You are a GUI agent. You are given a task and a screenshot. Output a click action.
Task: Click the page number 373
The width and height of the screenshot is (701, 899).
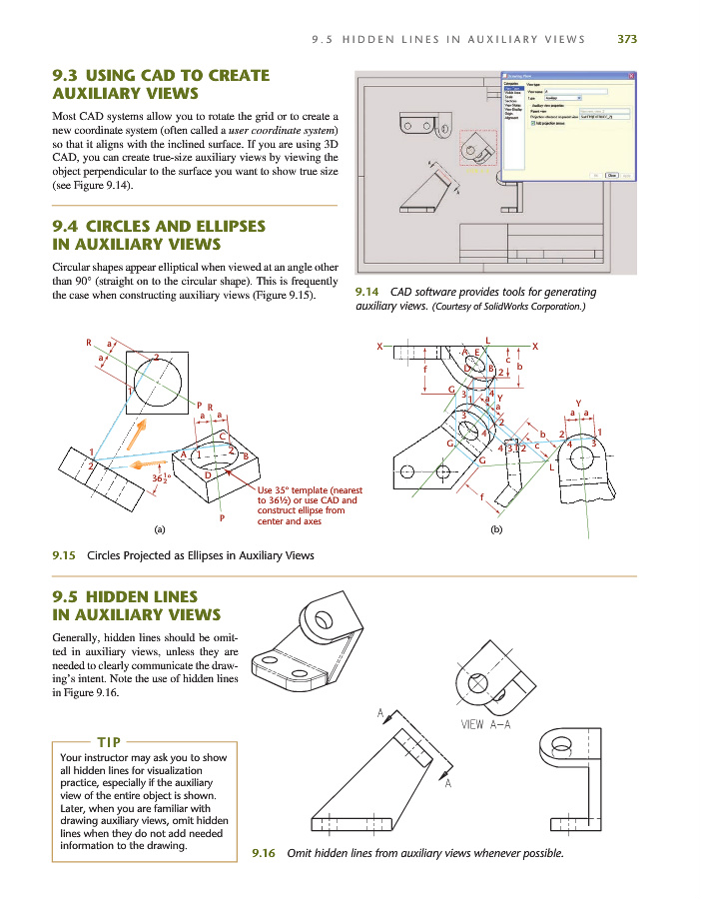pyautogui.click(x=626, y=40)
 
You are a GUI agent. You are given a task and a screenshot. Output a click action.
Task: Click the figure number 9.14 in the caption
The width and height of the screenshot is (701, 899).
pyautogui.click(x=365, y=292)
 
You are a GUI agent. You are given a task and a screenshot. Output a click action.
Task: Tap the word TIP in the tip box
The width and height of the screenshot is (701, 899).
pyautogui.click(x=110, y=742)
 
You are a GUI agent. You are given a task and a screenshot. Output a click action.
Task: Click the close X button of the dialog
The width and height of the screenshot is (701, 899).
pyautogui.click(x=628, y=75)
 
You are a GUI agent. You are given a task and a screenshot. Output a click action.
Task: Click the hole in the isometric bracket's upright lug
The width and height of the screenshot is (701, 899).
pyautogui.click(x=326, y=619)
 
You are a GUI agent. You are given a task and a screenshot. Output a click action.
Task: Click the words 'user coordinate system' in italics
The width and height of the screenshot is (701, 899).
pyautogui.click(x=282, y=130)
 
